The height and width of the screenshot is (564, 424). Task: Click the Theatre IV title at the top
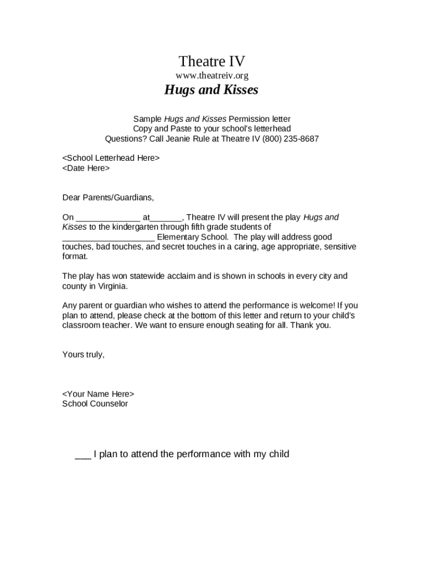[211, 61]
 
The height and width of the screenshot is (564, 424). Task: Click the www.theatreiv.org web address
[211, 75]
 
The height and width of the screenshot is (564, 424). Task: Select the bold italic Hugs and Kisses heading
[211, 90]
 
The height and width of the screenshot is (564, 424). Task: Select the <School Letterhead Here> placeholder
[111, 158]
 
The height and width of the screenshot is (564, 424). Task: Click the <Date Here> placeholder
[86, 168]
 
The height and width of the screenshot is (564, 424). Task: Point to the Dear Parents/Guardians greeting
[108, 197]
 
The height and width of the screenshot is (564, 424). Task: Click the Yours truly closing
[83, 355]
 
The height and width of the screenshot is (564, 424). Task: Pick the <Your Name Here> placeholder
[98, 394]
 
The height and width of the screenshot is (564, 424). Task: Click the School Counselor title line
[95, 404]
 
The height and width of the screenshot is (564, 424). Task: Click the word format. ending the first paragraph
[75, 257]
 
